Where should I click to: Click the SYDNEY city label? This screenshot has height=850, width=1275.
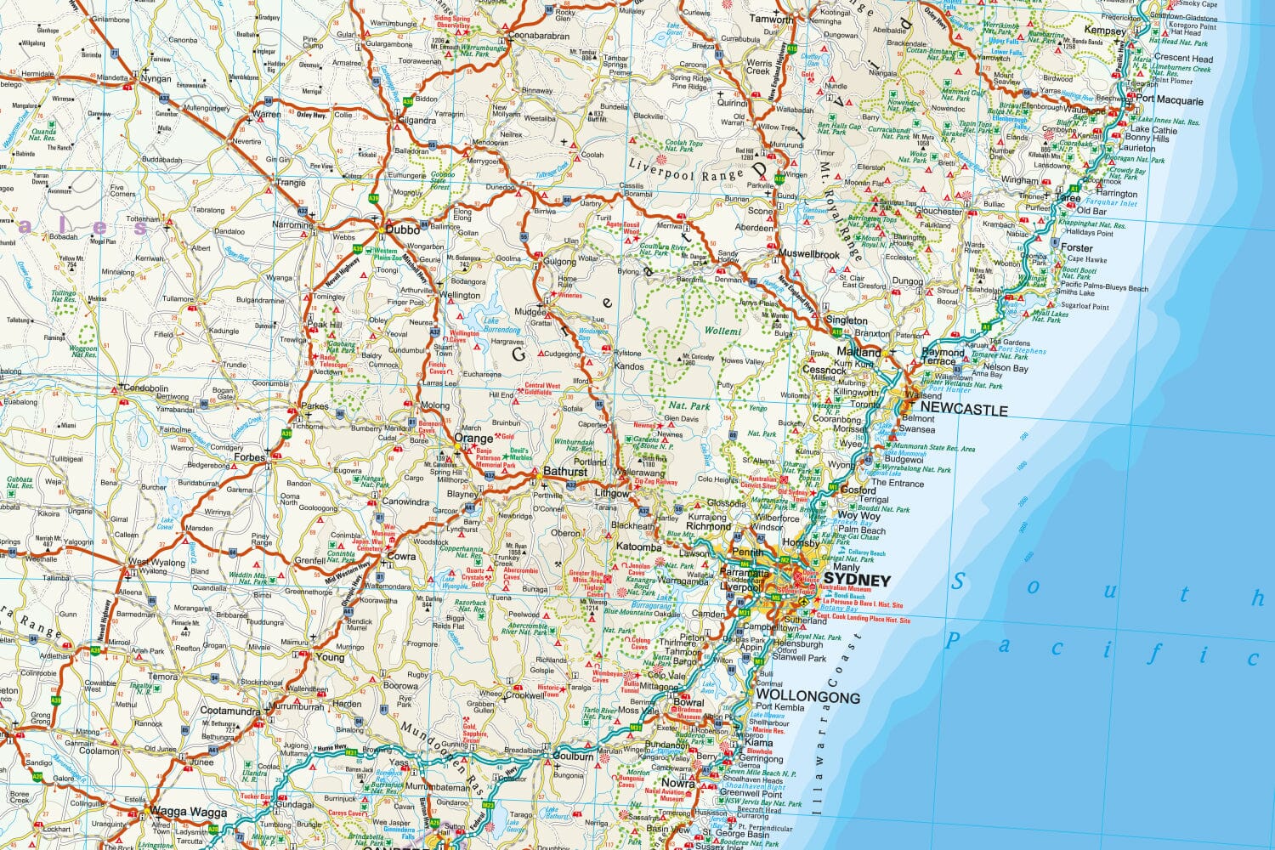pyautogui.click(x=857, y=581)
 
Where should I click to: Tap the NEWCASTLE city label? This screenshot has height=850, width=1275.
pyautogui.click(x=964, y=409)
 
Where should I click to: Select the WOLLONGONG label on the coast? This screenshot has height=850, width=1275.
pyautogui.click(x=807, y=696)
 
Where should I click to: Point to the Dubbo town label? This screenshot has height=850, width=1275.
pyautogui.click(x=403, y=229)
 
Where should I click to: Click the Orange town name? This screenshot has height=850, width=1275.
pyautogui.click(x=473, y=439)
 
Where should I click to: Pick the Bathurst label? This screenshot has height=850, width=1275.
pyautogui.click(x=565, y=471)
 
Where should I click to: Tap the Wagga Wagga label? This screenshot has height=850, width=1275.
pyautogui.click(x=190, y=812)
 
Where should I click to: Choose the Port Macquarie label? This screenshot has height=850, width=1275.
pyautogui.click(x=1170, y=100)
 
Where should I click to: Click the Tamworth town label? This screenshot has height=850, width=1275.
pyautogui.click(x=771, y=20)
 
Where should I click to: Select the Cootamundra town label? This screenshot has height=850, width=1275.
pyautogui.click(x=229, y=711)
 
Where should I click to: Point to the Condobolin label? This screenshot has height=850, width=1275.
pyautogui.click(x=145, y=388)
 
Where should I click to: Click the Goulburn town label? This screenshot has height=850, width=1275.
pyautogui.click(x=573, y=756)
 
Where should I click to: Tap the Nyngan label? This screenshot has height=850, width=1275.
pyautogui.click(x=156, y=78)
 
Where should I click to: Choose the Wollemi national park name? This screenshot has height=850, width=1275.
pyautogui.click(x=722, y=331)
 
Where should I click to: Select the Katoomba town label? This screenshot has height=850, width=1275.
pyautogui.click(x=638, y=547)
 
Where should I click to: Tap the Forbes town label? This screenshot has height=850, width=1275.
pyautogui.click(x=250, y=456)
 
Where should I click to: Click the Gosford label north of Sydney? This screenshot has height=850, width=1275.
pyautogui.click(x=858, y=490)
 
